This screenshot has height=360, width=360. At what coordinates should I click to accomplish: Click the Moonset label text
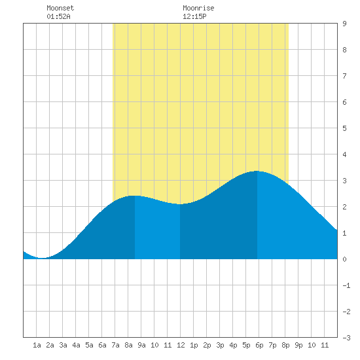(x=60, y=8)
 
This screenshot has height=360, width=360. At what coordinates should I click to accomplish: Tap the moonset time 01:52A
(x=58, y=16)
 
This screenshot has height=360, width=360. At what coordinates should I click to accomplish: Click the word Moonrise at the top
(x=198, y=8)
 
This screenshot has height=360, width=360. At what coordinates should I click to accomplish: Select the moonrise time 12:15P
(x=194, y=16)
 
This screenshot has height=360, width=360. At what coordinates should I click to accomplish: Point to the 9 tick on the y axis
(x=344, y=24)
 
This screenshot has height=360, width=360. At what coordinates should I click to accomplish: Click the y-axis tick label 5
(x=344, y=128)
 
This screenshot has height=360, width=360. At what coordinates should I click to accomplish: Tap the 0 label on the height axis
(x=344, y=259)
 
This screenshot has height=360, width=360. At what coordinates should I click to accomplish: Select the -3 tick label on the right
(x=346, y=338)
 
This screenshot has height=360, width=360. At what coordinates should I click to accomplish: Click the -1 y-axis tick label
(x=346, y=285)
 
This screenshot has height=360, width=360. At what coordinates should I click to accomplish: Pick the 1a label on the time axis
(x=37, y=345)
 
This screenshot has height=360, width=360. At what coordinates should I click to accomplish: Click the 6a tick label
(x=102, y=345)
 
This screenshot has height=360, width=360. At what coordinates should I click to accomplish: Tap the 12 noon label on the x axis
(x=181, y=345)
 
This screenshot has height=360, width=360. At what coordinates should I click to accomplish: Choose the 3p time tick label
(x=220, y=345)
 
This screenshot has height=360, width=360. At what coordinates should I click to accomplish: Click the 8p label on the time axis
(x=285, y=345)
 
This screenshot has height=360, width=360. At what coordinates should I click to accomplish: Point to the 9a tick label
(x=141, y=345)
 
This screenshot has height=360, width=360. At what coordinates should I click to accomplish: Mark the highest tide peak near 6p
(x=257, y=171)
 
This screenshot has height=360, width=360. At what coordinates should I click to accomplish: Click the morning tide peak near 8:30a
(x=135, y=196)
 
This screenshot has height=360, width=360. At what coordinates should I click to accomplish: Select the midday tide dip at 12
(x=180, y=204)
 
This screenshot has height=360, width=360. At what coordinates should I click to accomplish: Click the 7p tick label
(x=272, y=345)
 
